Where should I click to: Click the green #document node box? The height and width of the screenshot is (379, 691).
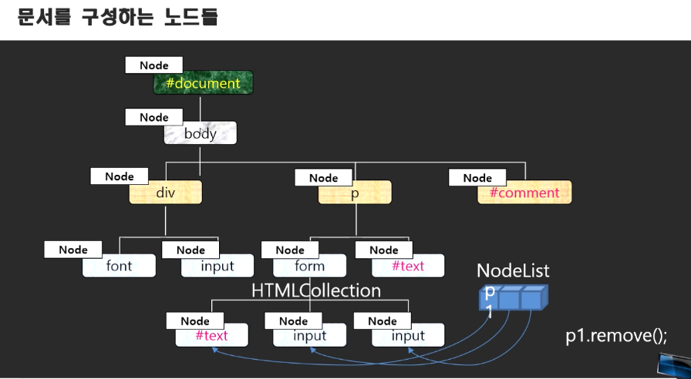coord(203,83)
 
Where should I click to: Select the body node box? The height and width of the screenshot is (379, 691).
coord(200,133)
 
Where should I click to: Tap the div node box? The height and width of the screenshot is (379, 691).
coord(166,193)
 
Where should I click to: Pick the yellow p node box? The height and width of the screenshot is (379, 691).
coord(355,193)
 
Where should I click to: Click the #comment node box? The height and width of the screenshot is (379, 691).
coord(524,193)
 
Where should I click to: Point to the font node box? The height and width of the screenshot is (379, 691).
coord(119,266)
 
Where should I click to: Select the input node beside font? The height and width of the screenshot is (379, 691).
coord(217,266)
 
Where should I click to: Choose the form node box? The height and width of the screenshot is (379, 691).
coord(309,266)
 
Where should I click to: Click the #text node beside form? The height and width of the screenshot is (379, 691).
coord(408,266)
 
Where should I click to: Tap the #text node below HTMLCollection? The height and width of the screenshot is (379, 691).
coord(211,335)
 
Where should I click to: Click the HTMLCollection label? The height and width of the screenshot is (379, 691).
coord(316,290)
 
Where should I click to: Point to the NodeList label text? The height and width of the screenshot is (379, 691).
coord(513,270)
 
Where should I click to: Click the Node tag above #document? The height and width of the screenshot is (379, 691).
coord(154,65)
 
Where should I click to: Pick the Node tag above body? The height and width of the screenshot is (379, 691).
coord(154,117)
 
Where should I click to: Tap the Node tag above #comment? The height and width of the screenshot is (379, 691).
coord(477,178)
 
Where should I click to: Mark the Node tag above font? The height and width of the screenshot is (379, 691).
coord(73,250)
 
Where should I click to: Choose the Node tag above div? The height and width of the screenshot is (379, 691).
coord(120,176)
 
